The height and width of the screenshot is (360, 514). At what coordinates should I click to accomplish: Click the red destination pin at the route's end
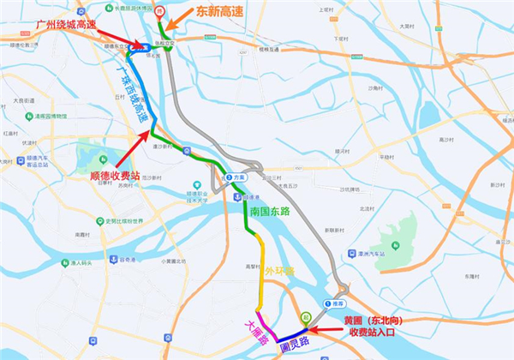(x=158, y=11)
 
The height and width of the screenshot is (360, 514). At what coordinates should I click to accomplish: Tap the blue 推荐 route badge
(x=333, y=303)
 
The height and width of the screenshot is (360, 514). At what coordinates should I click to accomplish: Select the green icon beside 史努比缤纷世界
(x=99, y=221)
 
